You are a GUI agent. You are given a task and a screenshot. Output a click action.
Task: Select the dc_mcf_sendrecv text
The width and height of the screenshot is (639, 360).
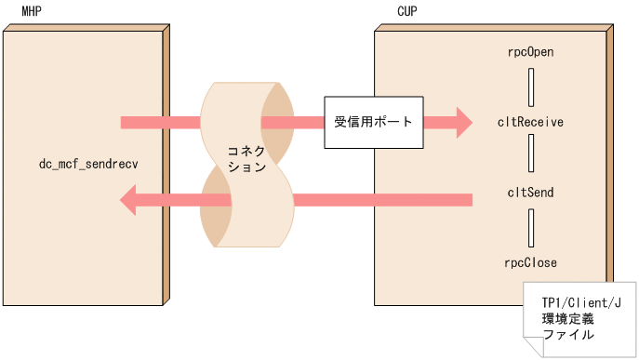point(87,165)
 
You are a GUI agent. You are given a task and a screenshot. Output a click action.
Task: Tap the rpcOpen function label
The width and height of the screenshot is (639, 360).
point(530,53)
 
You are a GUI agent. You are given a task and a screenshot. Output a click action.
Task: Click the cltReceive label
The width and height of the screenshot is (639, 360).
point(530,122)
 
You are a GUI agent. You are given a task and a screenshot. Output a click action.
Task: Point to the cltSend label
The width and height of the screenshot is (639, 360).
point(530,193)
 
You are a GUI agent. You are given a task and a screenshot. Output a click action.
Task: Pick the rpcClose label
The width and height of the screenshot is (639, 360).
point(530,262)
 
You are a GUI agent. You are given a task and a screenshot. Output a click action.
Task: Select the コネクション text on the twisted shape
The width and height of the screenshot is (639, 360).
point(246,159)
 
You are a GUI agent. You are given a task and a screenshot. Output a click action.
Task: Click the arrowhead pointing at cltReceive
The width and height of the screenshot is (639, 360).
point(461,122)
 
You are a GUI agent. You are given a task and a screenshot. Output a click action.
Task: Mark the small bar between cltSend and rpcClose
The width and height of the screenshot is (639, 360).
point(530,228)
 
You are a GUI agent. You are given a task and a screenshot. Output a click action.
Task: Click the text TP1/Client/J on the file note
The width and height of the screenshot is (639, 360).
point(579,303)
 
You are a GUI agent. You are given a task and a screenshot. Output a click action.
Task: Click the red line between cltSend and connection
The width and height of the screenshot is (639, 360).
point(381,198)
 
